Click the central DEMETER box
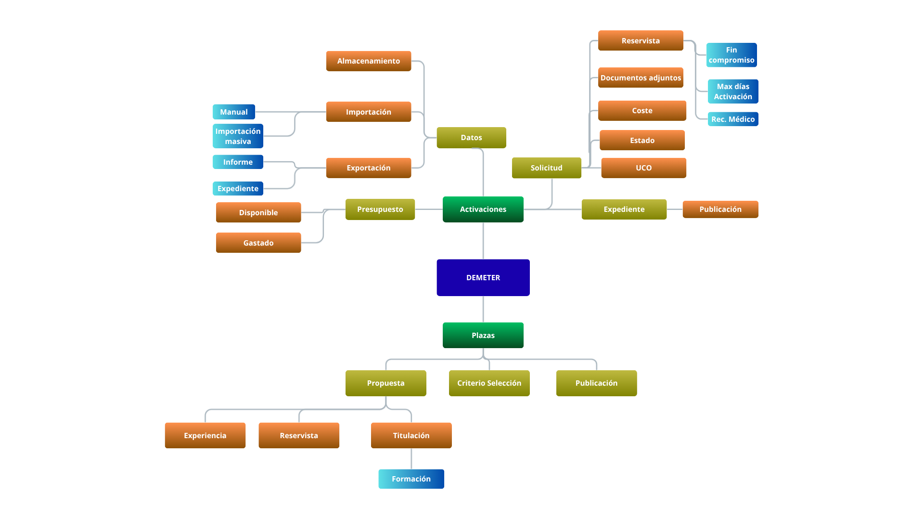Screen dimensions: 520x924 [483, 277]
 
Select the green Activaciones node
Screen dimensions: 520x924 [483, 209]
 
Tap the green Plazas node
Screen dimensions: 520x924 [483, 335]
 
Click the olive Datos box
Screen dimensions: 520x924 [471, 137]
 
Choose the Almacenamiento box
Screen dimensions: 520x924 [368, 61]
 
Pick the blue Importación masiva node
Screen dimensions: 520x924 [238, 136]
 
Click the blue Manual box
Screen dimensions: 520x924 [233, 112]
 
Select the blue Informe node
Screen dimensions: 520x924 [238, 162]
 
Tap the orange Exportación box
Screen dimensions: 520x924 [368, 168]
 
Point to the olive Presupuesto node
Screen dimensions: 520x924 [380, 209]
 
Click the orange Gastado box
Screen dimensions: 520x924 [258, 243]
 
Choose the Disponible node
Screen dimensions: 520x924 [258, 212]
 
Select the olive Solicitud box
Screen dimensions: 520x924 [546, 168]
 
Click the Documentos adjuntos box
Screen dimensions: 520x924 [641, 78]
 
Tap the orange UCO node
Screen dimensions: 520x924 [643, 168]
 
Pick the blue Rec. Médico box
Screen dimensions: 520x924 [732, 119]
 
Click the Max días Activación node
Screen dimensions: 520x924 [732, 91]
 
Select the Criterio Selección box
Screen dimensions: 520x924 [489, 383]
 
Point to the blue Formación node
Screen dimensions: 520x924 [411, 479]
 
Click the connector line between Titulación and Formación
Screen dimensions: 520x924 [411, 459]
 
